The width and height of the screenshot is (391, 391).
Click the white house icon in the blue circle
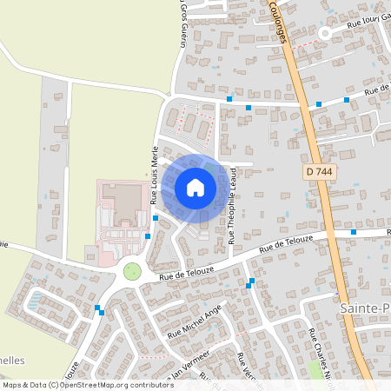pyautogui.click(x=195, y=187)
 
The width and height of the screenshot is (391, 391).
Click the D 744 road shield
pyautogui.click(x=320, y=173)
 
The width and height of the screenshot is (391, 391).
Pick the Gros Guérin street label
pyautogui.click(x=183, y=22)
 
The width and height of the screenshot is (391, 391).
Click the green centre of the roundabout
pyautogui.click(x=132, y=271)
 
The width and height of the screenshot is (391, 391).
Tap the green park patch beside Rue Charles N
pyautogui.click(x=315, y=369)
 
